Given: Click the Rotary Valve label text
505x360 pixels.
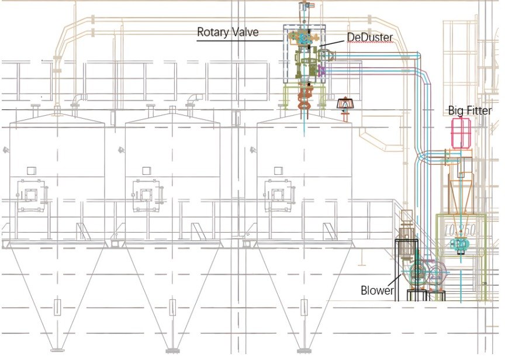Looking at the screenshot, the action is pos(228,32).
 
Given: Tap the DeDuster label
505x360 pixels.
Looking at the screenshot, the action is pos(370,37).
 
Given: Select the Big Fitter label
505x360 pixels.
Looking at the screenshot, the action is pos(470,110).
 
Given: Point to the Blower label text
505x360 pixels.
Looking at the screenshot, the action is pos(377,290).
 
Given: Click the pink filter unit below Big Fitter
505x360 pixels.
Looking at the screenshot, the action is pos(461,133).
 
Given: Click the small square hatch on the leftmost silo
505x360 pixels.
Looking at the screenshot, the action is pos(31,170).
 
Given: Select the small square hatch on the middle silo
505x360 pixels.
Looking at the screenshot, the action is pos(147,170).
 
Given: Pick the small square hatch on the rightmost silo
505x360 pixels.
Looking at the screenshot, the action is pos(278,170).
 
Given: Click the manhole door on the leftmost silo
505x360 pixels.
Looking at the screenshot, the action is pos(31,195).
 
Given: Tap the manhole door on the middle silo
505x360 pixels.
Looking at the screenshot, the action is pos(147,195).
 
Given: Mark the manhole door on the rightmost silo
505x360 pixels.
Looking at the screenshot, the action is pos(278,195).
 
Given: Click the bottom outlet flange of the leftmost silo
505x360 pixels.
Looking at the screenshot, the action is pos(57,350).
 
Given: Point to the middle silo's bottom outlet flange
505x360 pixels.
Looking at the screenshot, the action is pos(172,350).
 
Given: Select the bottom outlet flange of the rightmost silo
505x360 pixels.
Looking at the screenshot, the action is pos(304,350).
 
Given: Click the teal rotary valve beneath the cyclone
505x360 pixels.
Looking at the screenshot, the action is pos(460,245).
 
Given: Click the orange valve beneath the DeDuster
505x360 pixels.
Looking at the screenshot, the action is pos(305,96).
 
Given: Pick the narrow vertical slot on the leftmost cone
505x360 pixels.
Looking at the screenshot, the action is pos(57,307).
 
